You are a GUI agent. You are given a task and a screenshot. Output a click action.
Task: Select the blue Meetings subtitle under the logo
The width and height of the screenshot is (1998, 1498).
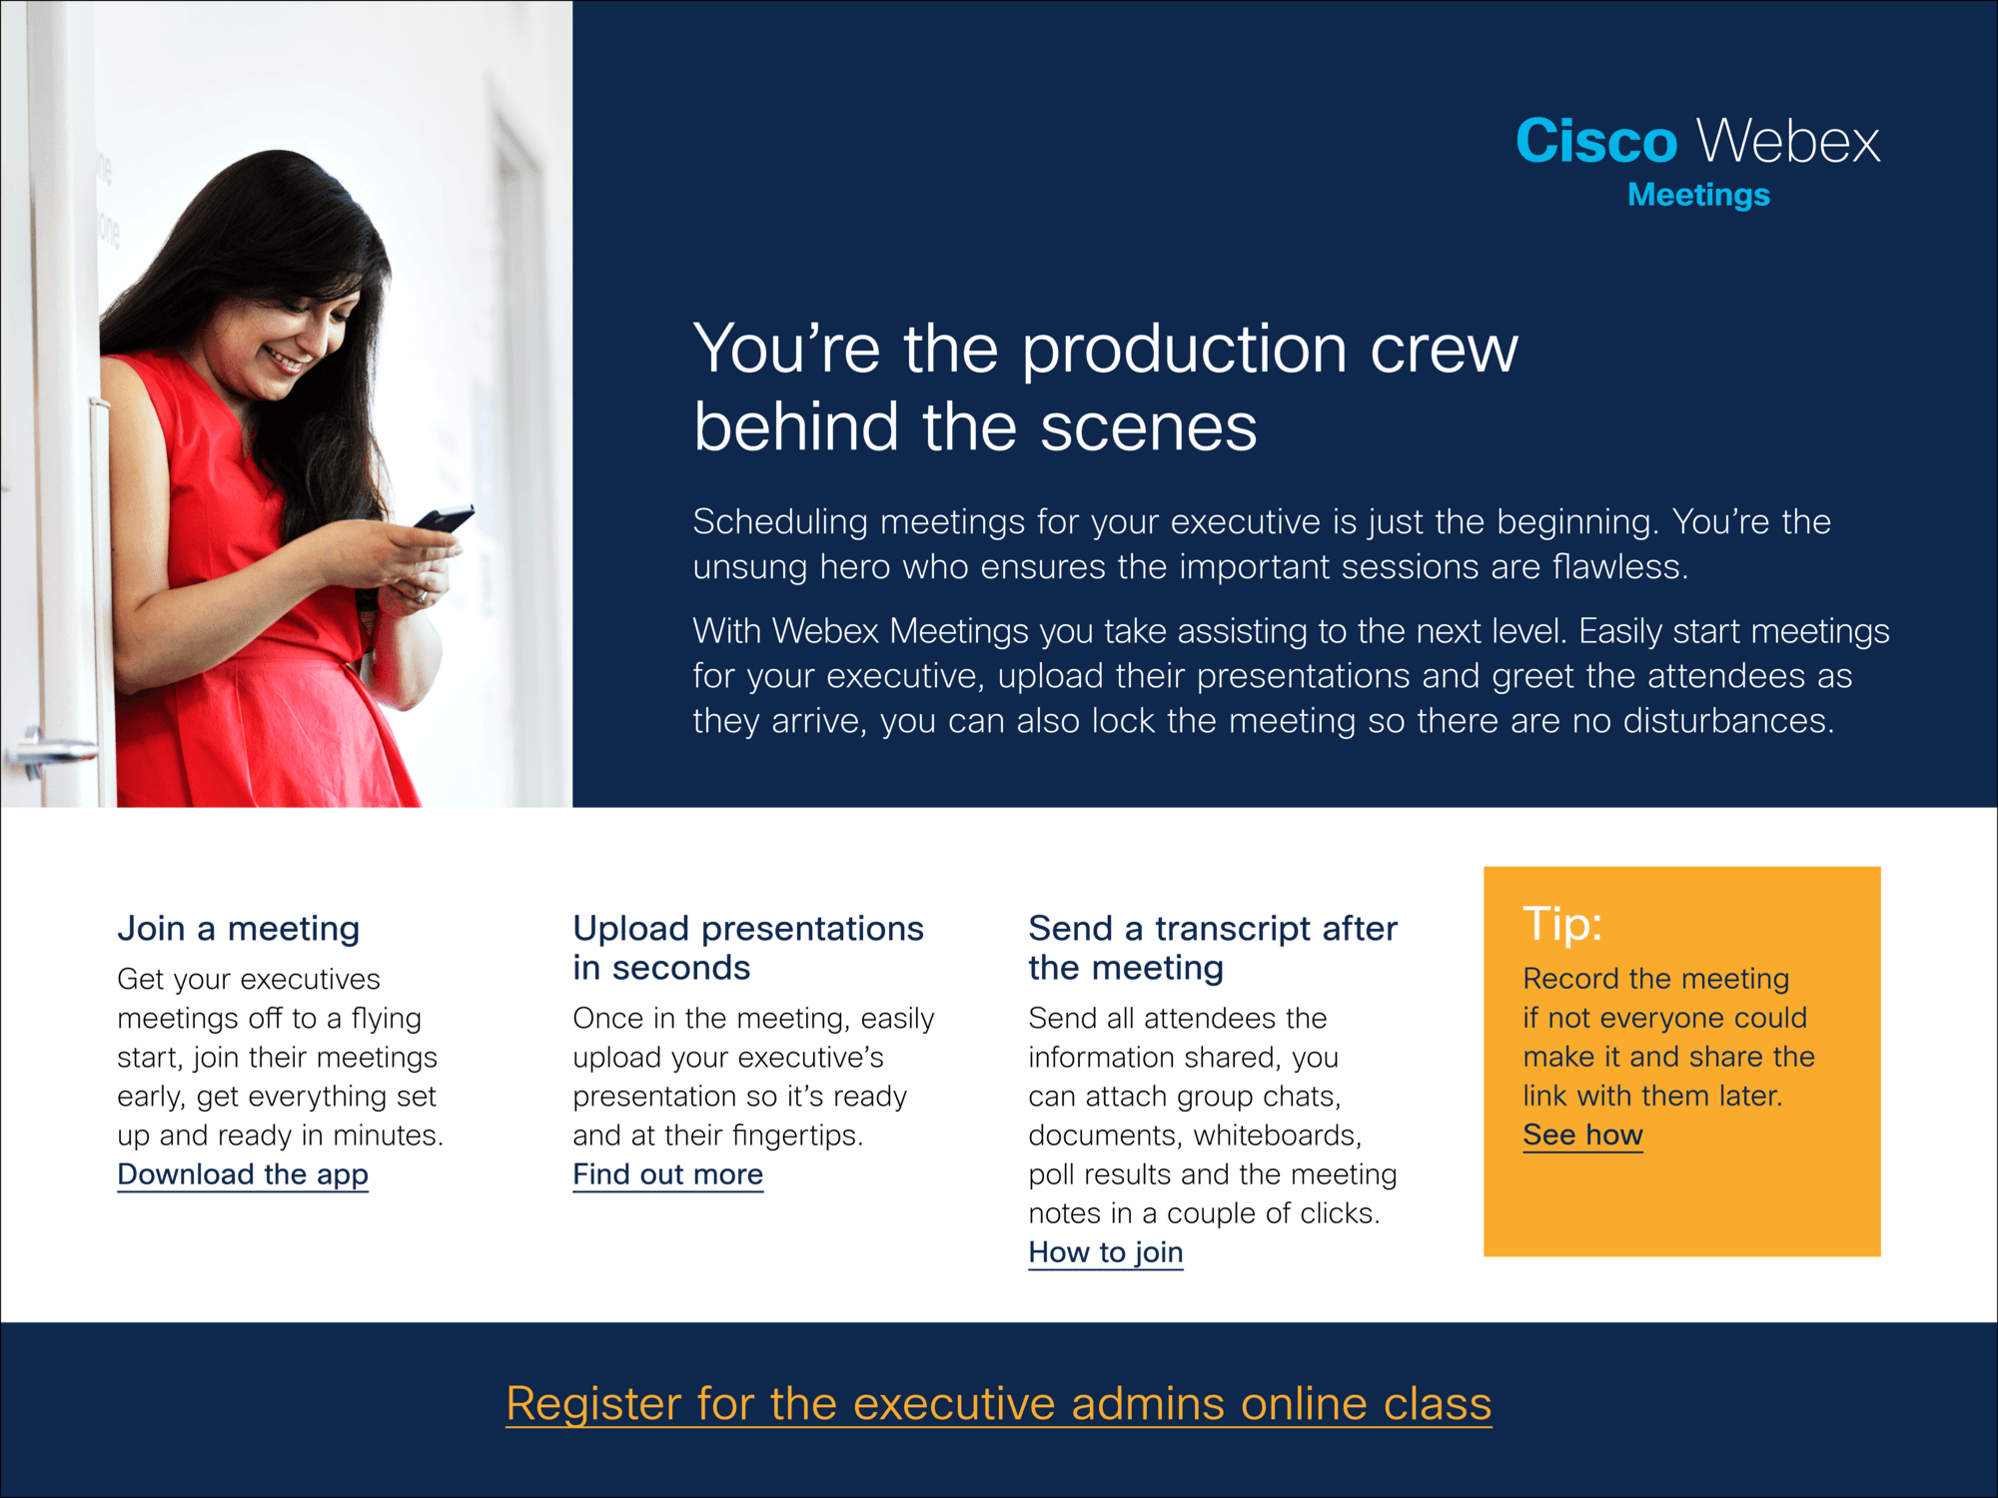(1698, 196)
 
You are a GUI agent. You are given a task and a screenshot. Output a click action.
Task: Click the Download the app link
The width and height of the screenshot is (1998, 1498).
(243, 1174)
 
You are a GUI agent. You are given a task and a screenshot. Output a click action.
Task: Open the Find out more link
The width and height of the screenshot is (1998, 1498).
(667, 1174)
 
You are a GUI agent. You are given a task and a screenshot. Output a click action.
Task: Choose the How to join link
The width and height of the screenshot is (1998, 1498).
(1106, 1252)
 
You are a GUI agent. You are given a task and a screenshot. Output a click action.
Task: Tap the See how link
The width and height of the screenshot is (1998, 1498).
(1582, 1135)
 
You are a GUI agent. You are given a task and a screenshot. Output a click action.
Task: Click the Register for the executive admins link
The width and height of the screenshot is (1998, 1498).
(999, 1404)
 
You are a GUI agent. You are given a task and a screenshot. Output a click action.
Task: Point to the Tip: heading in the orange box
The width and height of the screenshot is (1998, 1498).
(1562, 924)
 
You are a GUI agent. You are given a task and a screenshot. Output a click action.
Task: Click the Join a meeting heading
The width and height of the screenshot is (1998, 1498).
(238, 929)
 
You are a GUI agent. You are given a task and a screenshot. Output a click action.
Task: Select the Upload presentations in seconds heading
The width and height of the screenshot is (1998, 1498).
(748, 948)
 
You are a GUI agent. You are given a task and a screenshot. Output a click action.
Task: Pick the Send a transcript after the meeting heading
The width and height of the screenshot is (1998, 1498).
(1213, 948)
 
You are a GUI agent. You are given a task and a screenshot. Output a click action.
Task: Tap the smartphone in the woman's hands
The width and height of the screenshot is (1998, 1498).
(444, 519)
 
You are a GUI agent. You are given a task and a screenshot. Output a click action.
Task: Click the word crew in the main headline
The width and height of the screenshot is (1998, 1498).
(1444, 351)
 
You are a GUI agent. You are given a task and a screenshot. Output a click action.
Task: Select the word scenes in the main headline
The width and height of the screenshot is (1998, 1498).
(1149, 428)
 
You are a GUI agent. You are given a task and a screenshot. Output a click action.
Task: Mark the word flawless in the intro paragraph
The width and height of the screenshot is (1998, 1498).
(1619, 566)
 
